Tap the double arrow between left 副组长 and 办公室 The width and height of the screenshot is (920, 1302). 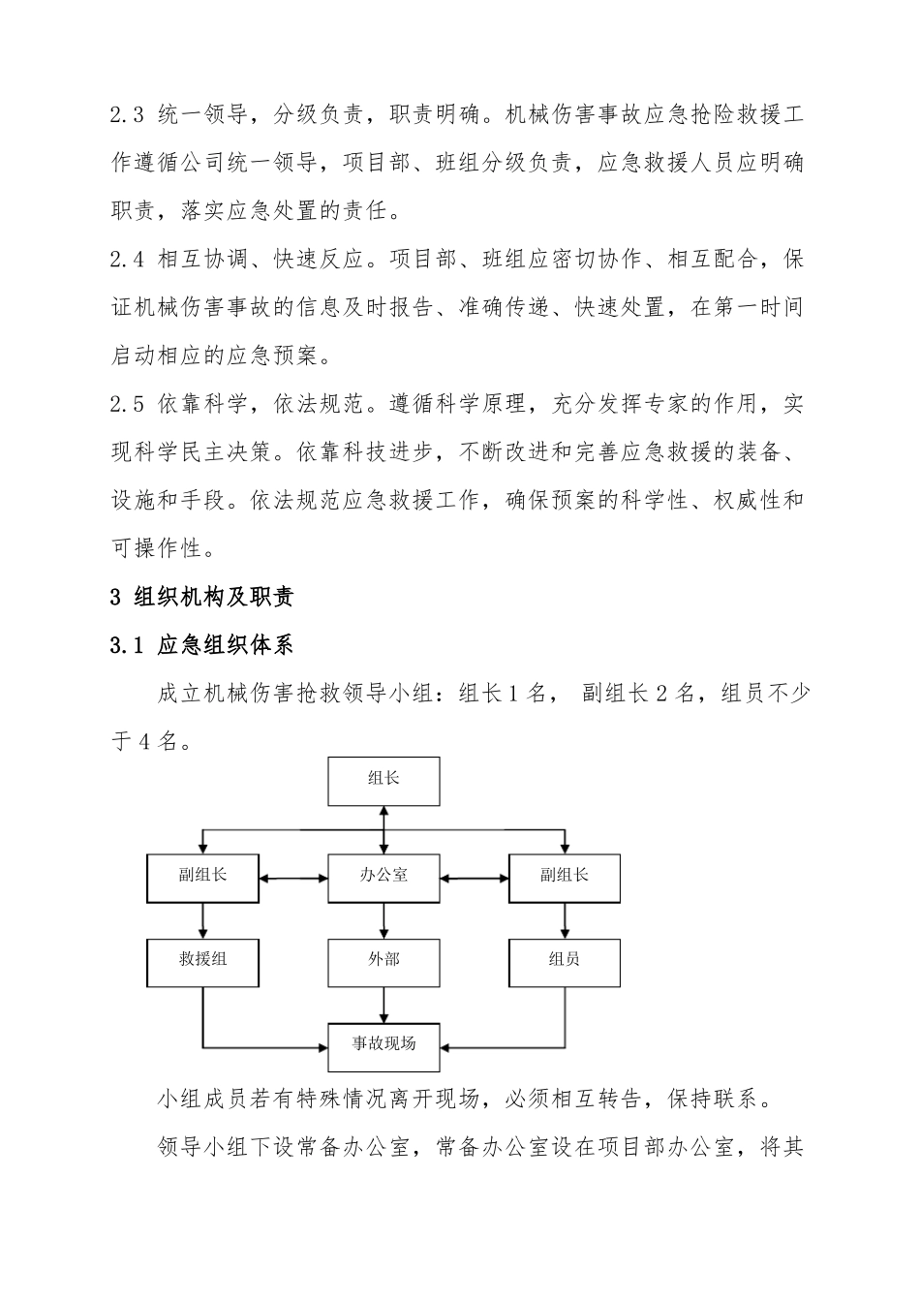click(x=294, y=879)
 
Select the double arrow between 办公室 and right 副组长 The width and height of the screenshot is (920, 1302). click(x=475, y=879)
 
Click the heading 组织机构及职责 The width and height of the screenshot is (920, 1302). click(x=214, y=597)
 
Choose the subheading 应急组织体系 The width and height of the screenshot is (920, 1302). click(x=225, y=645)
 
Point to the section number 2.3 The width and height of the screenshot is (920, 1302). click(x=127, y=116)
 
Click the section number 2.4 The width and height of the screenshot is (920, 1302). click(x=127, y=261)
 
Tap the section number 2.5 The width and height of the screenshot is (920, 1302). click(x=127, y=404)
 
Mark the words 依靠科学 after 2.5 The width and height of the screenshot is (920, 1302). click(x=200, y=404)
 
